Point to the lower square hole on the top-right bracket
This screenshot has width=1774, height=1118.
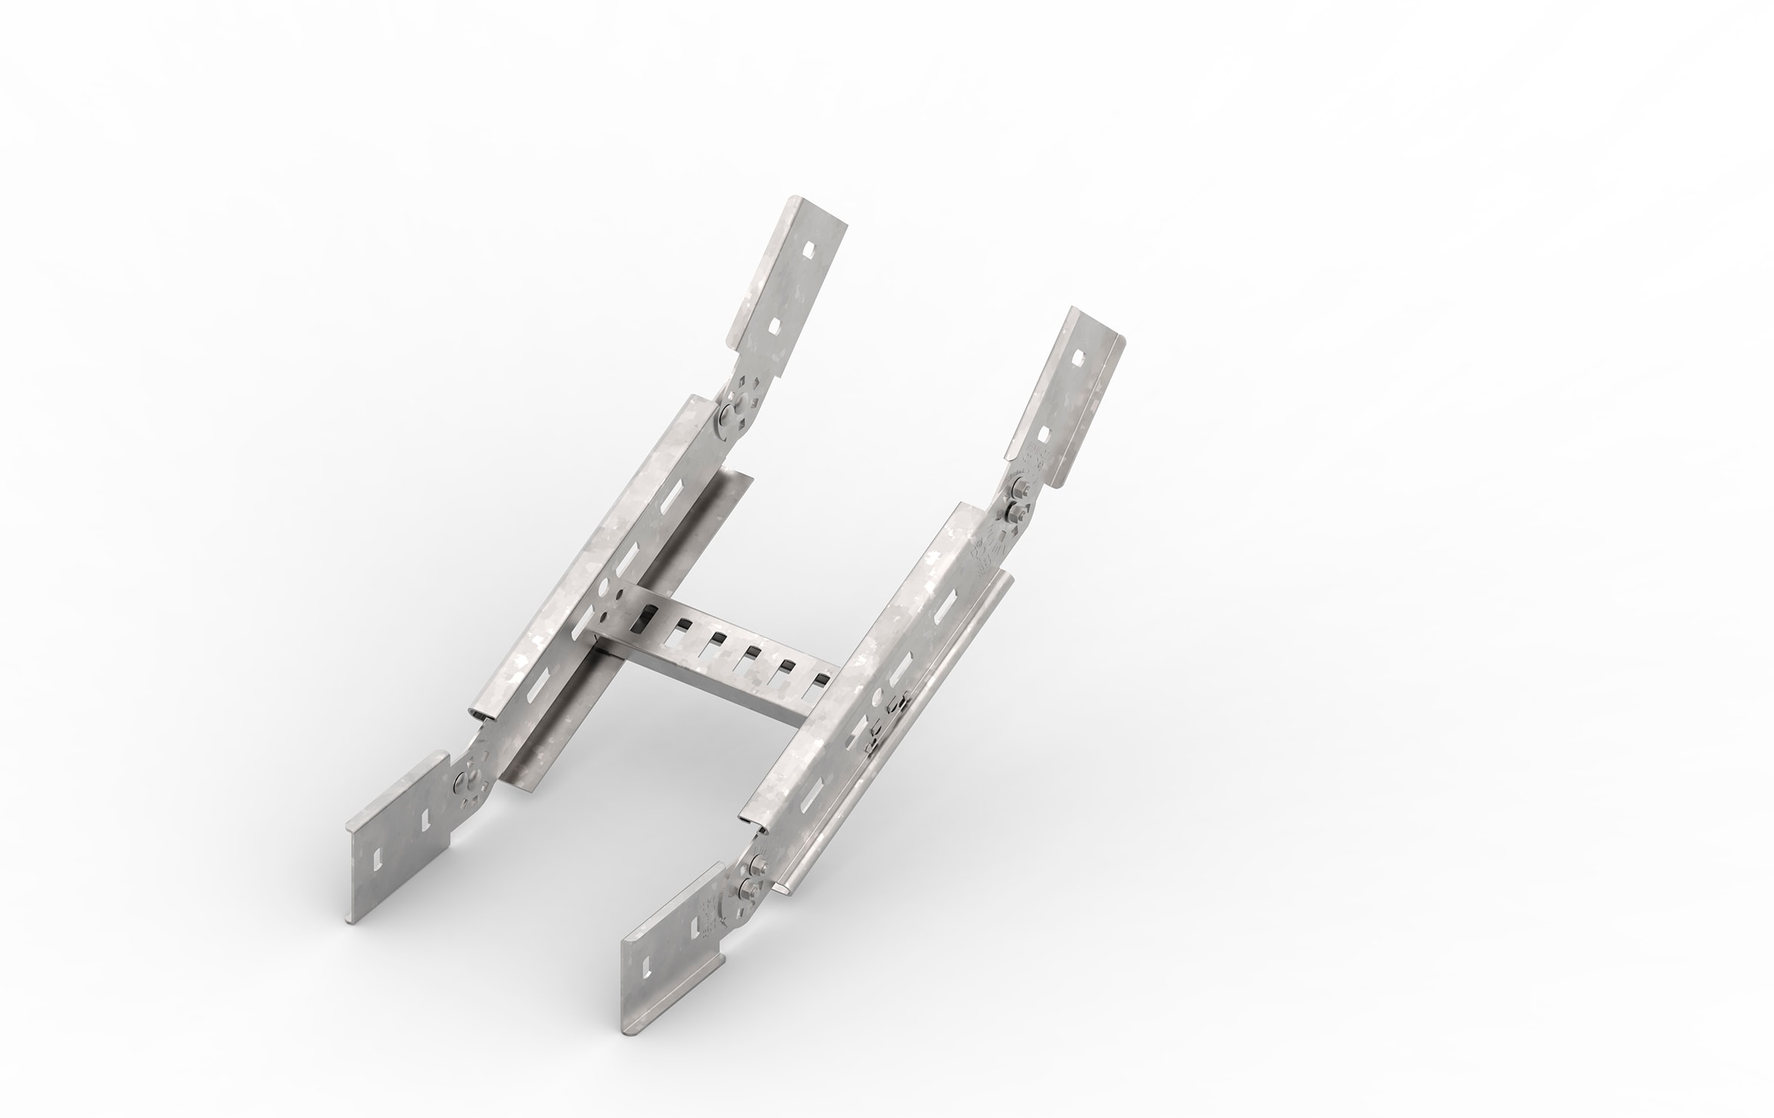1044,435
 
